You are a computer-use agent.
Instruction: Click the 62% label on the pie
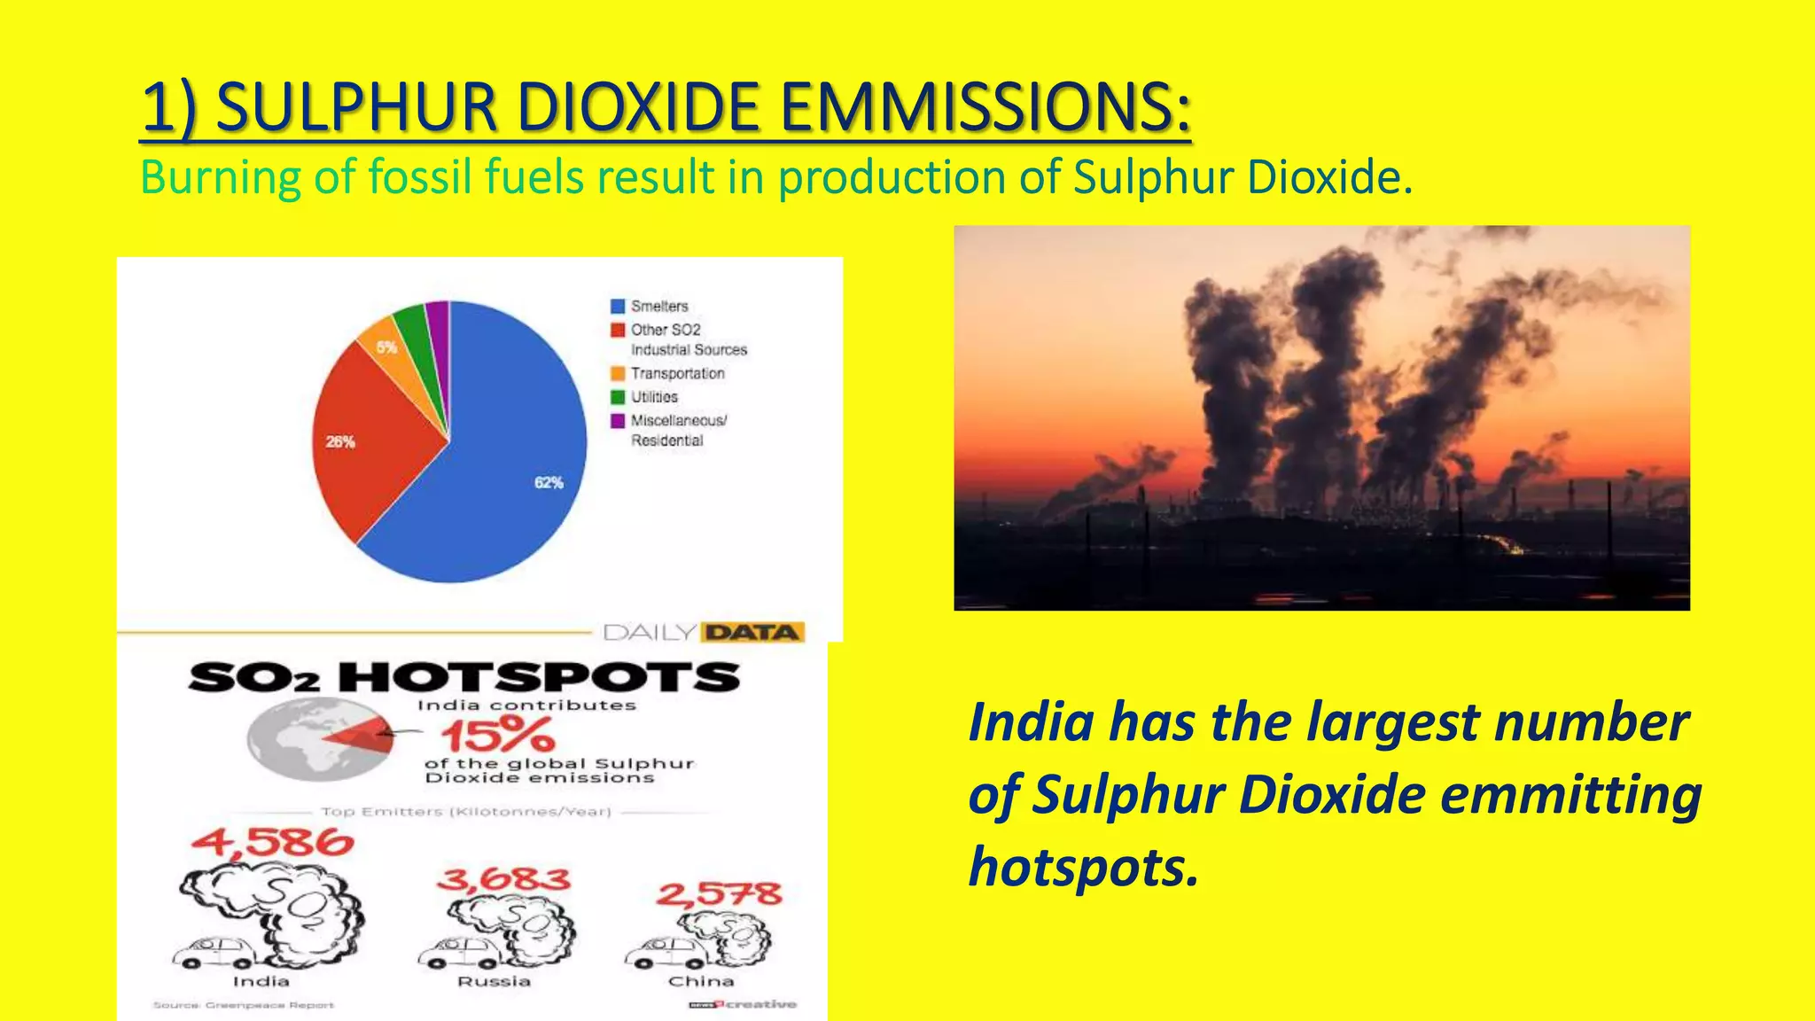(549, 483)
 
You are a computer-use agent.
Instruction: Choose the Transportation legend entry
(677, 374)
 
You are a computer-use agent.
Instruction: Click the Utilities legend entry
(654, 397)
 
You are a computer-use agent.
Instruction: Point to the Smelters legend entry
(658, 306)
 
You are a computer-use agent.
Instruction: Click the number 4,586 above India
(272, 842)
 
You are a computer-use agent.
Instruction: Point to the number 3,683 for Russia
(503, 880)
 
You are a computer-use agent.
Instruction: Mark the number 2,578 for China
(719, 893)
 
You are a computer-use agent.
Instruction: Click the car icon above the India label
(214, 954)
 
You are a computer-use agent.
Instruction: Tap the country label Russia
(494, 982)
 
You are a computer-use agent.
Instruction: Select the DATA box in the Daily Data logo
(752, 632)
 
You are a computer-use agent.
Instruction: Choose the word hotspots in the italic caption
(1083, 867)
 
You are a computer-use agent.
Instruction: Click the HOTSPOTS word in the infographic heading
(539, 678)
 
